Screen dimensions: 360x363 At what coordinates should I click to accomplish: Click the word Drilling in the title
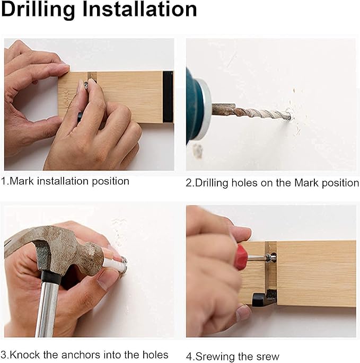click(38, 10)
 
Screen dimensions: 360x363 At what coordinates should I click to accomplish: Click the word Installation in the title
click(139, 9)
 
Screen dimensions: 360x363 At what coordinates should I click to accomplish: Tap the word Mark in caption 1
click(22, 181)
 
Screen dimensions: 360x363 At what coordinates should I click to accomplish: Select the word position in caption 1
click(110, 181)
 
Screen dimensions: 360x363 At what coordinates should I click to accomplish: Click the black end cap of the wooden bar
click(168, 97)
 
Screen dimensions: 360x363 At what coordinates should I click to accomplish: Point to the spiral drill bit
click(251, 112)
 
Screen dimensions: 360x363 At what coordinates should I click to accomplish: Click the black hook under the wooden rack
click(265, 297)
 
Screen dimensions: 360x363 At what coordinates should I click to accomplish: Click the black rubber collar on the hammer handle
click(51, 278)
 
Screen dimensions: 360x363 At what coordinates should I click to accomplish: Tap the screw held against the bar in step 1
click(86, 84)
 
